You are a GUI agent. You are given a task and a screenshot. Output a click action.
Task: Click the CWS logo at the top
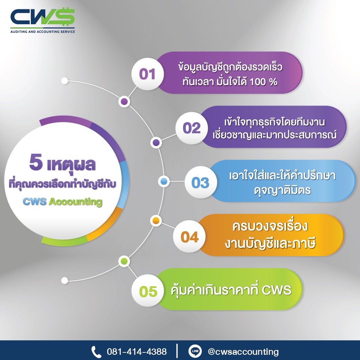[43, 21]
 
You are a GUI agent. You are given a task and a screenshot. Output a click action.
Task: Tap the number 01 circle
[147, 74]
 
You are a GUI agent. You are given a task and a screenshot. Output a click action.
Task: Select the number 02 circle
[191, 128]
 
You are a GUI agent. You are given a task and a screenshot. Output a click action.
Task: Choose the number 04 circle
[189, 236]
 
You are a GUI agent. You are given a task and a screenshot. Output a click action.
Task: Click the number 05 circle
[147, 291]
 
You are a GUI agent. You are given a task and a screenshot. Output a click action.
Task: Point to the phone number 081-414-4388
[137, 351]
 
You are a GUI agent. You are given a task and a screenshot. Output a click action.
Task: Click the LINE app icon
[195, 351]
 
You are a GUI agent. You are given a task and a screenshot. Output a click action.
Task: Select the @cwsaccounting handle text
[243, 352]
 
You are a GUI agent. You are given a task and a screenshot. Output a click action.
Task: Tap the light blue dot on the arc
[164, 182]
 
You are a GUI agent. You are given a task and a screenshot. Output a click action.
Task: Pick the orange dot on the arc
[156, 221]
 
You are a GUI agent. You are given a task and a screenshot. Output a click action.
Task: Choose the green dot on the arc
[124, 261]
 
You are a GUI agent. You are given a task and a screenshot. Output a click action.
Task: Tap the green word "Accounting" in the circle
[75, 202]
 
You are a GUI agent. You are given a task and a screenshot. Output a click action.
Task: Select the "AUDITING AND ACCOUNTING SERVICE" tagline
[43, 31]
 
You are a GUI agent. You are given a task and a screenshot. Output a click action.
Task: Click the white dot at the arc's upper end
[65, 81]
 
